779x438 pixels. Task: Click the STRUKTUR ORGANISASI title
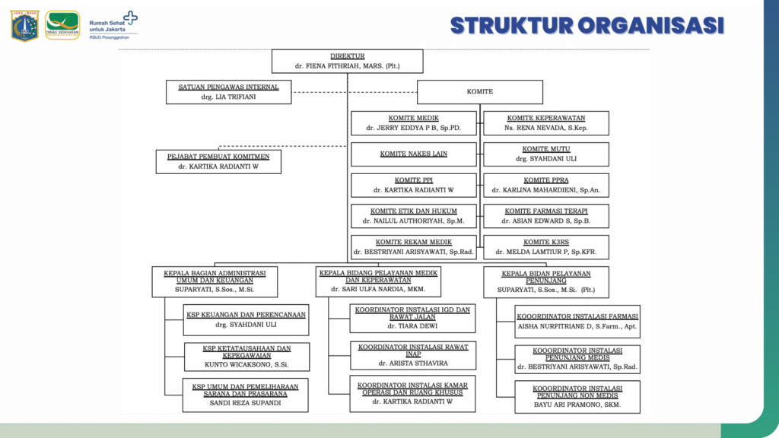tap(587, 25)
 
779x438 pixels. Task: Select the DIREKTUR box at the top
tap(347, 61)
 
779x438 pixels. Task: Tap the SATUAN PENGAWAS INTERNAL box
tap(229, 92)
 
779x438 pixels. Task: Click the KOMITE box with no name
tap(480, 92)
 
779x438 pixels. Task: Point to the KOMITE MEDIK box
tap(413, 123)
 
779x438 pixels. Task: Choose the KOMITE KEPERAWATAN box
tap(546, 123)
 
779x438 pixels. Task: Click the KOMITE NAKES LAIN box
tap(413, 154)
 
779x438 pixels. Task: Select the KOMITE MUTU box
tap(546, 154)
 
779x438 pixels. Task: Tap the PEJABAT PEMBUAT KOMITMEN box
tap(218, 161)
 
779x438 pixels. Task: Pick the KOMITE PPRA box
tap(546, 186)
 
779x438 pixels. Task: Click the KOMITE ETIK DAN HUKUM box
tap(413, 216)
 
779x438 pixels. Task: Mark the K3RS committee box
tap(546, 247)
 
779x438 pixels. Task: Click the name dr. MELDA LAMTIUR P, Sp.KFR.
tap(545, 252)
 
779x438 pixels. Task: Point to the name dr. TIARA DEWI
tap(413, 325)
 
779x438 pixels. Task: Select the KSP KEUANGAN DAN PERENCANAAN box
tap(246, 319)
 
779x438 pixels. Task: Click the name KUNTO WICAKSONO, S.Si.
tap(246, 365)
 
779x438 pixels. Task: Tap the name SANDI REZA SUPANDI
tap(246, 403)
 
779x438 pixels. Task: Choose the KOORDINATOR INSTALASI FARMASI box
tap(577, 321)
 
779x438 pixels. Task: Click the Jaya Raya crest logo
tap(24, 25)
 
